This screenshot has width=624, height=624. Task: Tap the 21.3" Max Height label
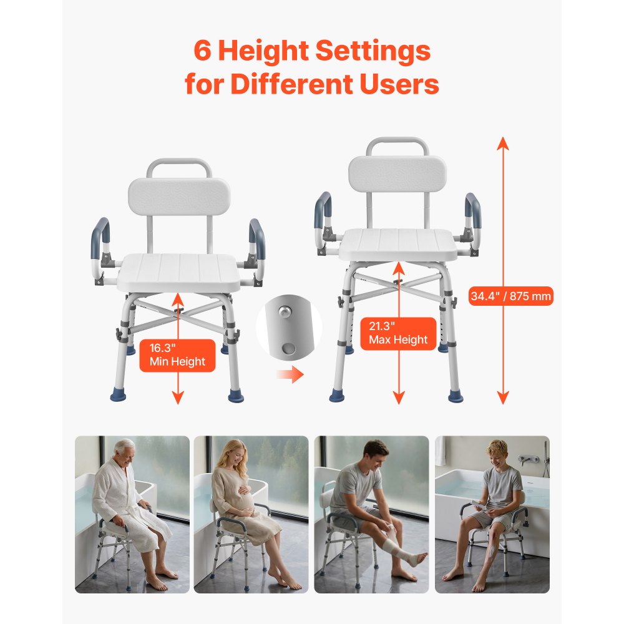click(398, 333)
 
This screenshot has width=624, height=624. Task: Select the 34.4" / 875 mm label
click(511, 296)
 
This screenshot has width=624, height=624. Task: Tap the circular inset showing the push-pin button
click(288, 328)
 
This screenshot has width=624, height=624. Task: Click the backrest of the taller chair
click(397, 174)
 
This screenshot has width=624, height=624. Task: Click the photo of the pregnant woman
click(251, 514)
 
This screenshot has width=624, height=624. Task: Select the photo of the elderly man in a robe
click(132, 514)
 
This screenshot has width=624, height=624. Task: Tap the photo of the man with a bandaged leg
click(371, 514)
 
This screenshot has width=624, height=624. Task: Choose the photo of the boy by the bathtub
click(492, 514)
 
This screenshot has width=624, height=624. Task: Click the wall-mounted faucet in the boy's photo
click(528, 460)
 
